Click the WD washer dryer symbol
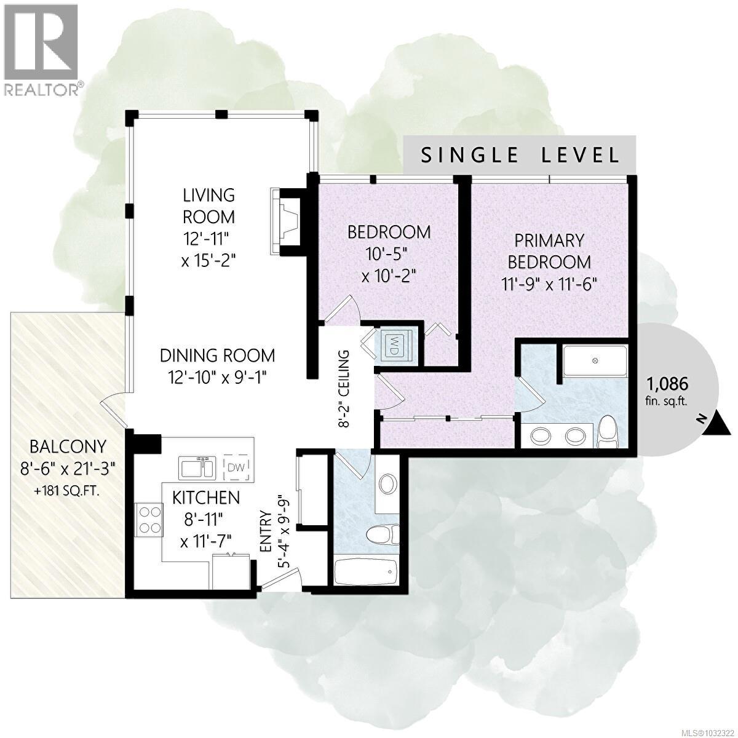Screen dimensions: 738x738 tap(391, 344)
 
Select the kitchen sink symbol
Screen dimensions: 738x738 tap(196, 468)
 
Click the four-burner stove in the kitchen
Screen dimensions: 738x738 tap(149, 518)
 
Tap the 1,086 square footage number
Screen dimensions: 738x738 tap(667, 384)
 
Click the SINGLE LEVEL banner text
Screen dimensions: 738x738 tap(520, 155)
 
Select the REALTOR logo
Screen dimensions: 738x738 tap(41, 49)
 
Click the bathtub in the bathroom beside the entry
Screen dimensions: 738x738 tap(366, 572)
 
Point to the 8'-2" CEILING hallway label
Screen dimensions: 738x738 tap(344, 389)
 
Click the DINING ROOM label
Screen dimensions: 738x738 tap(217, 355)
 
